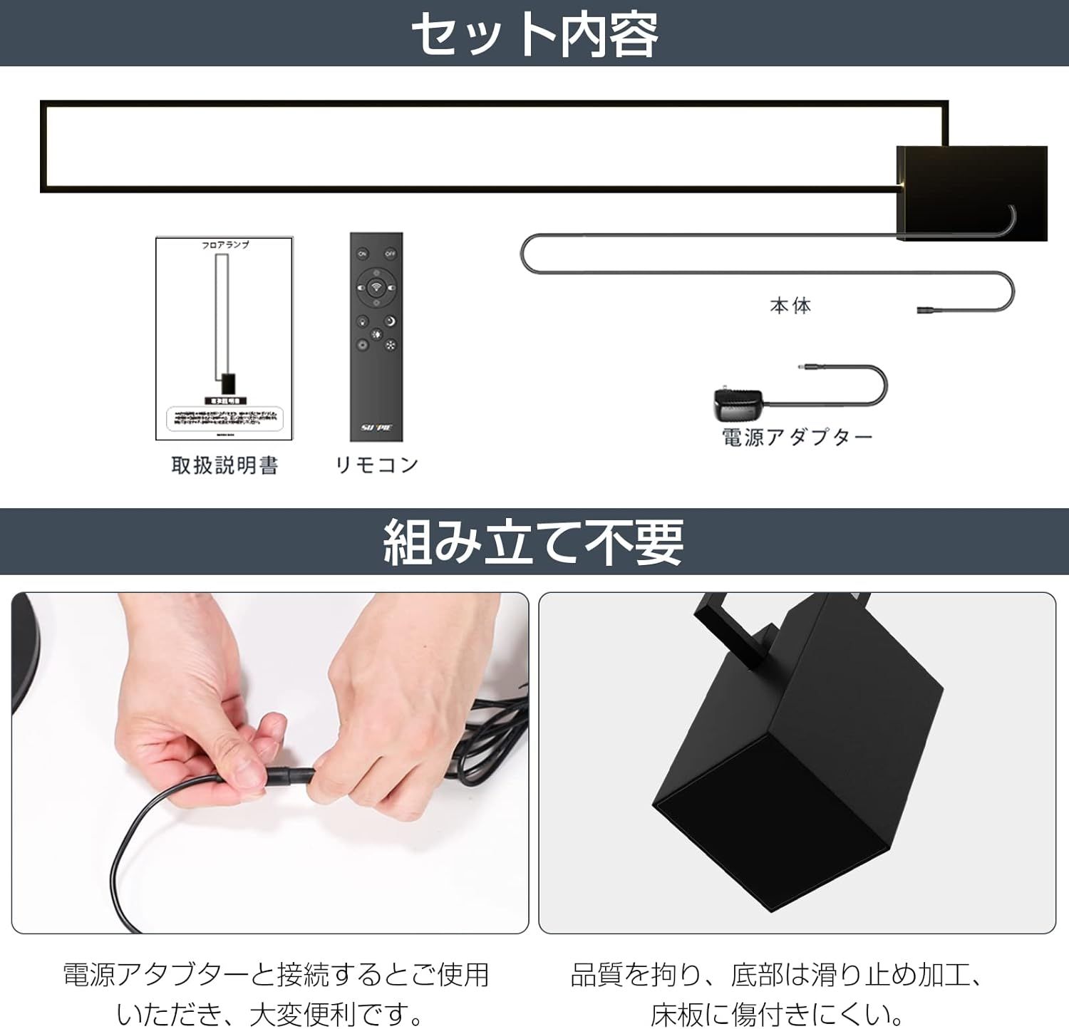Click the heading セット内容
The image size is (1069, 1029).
pyautogui.click(x=534, y=34)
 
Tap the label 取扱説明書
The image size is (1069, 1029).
pyautogui.click(x=224, y=465)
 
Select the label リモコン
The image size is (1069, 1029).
pyautogui.click(x=376, y=465)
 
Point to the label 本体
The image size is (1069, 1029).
pyautogui.click(x=790, y=306)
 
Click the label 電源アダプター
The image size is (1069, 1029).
pyautogui.click(x=797, y=437)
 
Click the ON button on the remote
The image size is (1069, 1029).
pyautogui.click(x=363, y=254)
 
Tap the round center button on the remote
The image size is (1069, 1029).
pyautogui.click(x=376, y=289)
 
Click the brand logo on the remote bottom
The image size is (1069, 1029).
pyautogui.click(x=376, y=428)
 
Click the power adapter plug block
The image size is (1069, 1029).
pyautogui.click(x=737, y=405)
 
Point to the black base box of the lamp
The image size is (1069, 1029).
pyautogui.click(x=971, y=192)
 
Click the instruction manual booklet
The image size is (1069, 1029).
pyautogui.click(x=224, y=338)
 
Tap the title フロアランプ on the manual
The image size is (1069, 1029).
pyautogui.click(x=224, y=244)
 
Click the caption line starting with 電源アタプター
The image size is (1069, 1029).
pyautogui.click(x=276, y=975)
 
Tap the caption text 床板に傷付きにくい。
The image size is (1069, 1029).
pyautogui.click(x=777, y=1013)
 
